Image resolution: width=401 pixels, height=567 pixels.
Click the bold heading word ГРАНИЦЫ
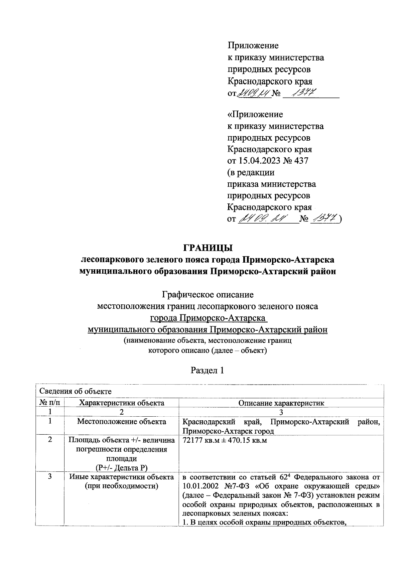(x=208, y=248)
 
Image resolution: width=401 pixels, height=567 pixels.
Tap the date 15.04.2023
(x=258, y=161)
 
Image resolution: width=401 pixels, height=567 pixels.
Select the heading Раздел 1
(x=207, y=370)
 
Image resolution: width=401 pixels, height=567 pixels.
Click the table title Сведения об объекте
(x=76, y=391)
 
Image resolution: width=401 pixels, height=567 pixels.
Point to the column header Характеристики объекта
(x=122, y=403)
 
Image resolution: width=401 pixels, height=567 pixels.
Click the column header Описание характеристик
(x=281, y=403)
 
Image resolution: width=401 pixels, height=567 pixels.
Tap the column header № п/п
(x=50, y=403)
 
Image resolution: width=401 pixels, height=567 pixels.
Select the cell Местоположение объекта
(x=122, y=421)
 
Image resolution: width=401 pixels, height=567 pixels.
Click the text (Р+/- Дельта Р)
(x=122, y=467)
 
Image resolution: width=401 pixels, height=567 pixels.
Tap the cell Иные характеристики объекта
(x=122, y=477)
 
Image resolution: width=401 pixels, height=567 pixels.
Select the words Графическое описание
(x=208, y=295)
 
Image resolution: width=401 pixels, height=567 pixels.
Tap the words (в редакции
(x=251, y=172)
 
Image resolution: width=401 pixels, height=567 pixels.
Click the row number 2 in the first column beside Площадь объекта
(x=50, y=440)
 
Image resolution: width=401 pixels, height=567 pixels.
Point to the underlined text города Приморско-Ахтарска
(x=208, y=318)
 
